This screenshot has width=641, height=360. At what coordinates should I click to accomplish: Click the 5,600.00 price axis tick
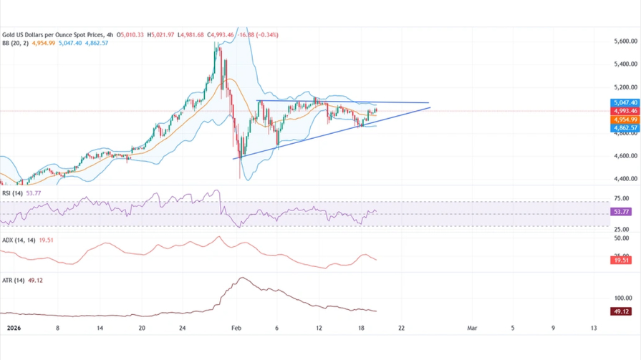[x=626, y=42]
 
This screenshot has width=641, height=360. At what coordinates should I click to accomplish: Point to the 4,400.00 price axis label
[x=626, y=179]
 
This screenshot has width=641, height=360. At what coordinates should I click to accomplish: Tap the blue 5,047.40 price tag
[x=625, y=103]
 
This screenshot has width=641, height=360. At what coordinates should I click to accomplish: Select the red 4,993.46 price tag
[x=625, y=111]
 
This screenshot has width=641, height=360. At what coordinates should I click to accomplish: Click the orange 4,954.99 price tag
[x=625, y=120]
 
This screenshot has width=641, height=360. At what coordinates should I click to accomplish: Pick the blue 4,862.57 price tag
[x=625, y=128]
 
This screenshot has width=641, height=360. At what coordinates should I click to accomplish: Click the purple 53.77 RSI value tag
[x=622, y=212]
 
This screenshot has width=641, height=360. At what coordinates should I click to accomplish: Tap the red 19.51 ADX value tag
[x=622, y=261]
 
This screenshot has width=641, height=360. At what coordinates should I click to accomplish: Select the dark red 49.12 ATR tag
[x=622, y=311]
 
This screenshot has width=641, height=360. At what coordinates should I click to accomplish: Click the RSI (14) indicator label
[x=12, y=193]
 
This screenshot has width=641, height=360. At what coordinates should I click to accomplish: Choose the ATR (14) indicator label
[x=13, y=281]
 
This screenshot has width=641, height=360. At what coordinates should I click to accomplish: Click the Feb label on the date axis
[x=236, y=328]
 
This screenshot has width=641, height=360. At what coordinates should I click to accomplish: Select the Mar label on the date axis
[x=471, y=328]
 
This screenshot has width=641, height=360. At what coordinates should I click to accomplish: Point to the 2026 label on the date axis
[x=13, y=328]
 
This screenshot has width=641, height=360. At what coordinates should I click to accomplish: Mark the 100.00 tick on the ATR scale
[x=623, y=298]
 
